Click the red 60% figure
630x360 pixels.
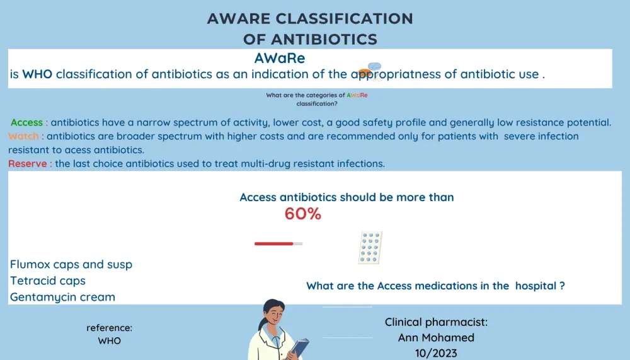(303, 214)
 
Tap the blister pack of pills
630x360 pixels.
(370, 247)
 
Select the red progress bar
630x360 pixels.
(273, 243)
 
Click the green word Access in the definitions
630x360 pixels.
(26, 122)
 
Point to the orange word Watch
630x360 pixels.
(23, 136)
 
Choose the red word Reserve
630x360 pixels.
(27, 164)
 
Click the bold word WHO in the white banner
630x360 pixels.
(37, 74)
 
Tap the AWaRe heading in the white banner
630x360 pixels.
(280, 58)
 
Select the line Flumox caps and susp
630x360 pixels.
(71, 264)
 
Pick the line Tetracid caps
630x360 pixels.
(48, 281)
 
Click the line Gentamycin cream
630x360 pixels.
(62, 297)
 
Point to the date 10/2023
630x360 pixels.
(436, 353)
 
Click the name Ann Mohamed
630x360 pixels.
(436, 337)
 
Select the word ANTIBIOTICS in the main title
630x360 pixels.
(324, 40)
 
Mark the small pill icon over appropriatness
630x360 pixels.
(370, 71)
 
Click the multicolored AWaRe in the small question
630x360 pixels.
(357, 95)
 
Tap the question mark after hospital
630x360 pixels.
(562, 286)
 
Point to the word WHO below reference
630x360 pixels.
(109, 340)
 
